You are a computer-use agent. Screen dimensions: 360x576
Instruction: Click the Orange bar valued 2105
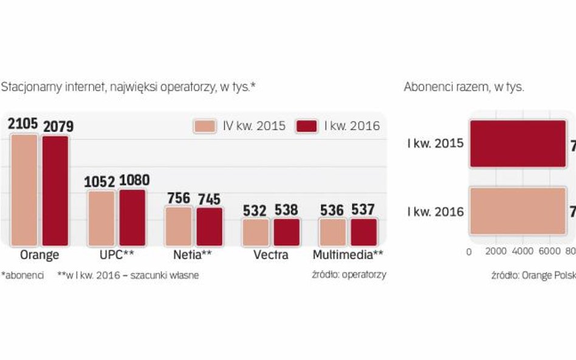[x=24, y=189]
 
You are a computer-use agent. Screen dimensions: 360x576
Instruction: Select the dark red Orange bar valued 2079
[x=55, y=191]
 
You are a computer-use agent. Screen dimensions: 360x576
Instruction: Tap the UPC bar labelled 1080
[x=132, y=217]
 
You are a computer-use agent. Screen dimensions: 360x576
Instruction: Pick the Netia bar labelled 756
[x=179, y=226]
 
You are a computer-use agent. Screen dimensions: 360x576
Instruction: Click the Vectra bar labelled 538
[x=286, y=232]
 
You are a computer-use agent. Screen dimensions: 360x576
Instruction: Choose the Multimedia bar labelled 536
[x=332, y=232]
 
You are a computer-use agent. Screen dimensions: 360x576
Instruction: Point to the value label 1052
[x=100, y=181]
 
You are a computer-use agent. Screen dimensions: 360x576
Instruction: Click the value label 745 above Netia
[x=209, y=199]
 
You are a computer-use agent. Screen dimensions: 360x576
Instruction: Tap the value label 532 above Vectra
[x=255, y=210]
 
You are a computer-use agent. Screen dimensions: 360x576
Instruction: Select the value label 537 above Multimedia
[x=363, y=210]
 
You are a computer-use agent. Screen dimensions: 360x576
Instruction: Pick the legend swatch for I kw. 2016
[x=307, y=126]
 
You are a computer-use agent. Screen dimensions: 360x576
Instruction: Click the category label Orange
[x=39, y=255]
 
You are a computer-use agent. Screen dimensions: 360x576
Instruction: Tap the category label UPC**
[x=116, y=255]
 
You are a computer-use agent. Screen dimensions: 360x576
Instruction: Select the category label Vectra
[x=271, y=255]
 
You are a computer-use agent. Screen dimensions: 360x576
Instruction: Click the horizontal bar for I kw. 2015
[x=518, y=144]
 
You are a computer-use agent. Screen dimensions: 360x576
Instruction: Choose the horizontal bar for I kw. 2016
[x=518, y=211]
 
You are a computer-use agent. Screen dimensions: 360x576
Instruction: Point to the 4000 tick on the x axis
[x=523, y=251]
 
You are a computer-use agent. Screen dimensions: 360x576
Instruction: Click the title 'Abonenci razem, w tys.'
[x=464, y=87]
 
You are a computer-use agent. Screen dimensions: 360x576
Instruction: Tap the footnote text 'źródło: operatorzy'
[x=349, y=274]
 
